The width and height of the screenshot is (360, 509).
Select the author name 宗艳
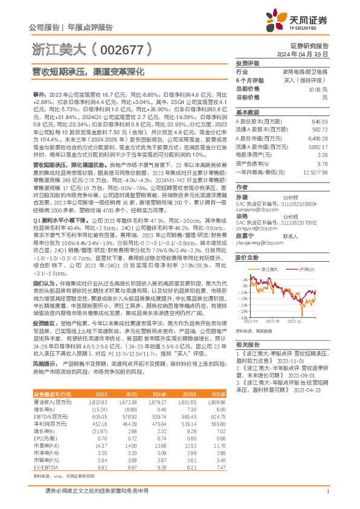(242, 216)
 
